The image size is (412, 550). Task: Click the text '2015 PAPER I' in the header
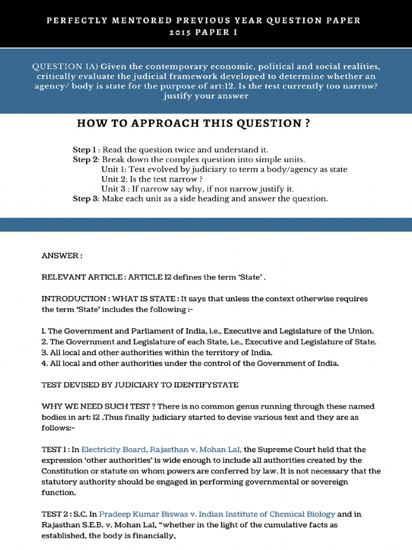206,32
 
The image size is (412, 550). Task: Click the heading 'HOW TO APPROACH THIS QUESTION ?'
193,124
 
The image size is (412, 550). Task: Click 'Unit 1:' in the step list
114,169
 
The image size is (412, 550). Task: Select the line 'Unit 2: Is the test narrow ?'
152,179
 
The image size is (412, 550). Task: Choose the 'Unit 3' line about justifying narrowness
197,189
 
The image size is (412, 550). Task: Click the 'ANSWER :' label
62,256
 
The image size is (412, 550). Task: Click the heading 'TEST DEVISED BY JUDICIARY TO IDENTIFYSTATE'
140,385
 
